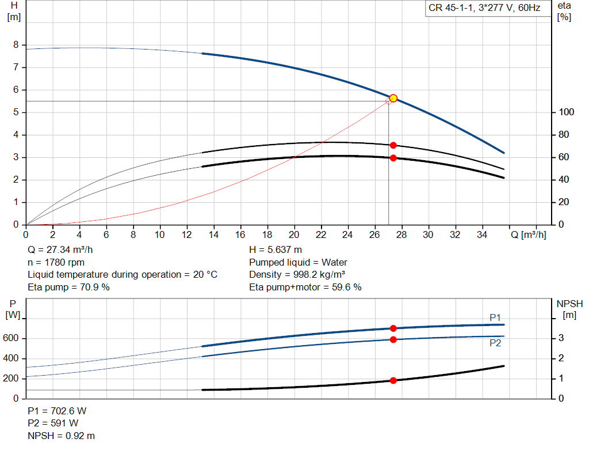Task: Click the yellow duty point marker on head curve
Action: click(393, 99)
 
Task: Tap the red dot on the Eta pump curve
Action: click(393, 145)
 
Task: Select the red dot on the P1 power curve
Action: click(393, 328)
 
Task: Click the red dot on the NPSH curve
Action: click(393, 380)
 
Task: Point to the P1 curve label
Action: click(495, 317)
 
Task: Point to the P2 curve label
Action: click(495, 343)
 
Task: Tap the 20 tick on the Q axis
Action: click(294, 235)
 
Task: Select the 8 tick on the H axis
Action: click(16, 45)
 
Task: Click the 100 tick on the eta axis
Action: click(565, 112)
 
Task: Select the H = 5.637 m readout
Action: click(276, 250)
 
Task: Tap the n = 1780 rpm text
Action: click(56, 262)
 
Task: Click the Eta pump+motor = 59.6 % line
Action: click(305, 287)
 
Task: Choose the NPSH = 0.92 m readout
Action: click(62, 436)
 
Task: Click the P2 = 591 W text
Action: click(52, 423)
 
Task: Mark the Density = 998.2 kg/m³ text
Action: click(297, 274)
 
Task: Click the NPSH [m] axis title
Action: click(569, 309)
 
